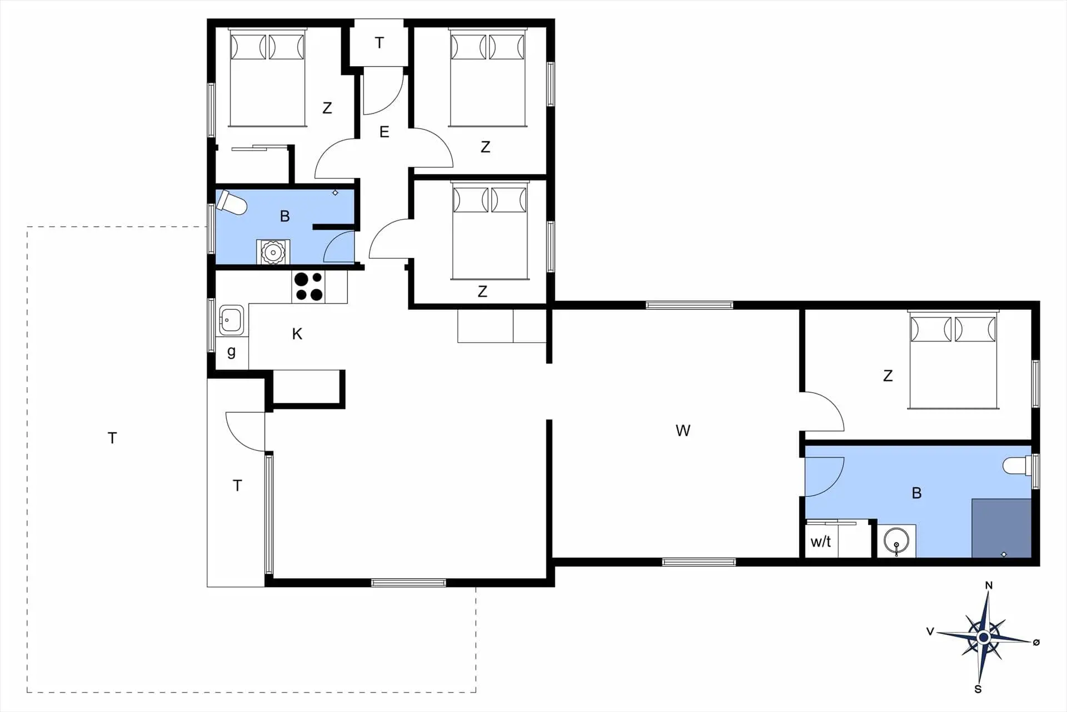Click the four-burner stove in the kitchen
(x=308, y=286)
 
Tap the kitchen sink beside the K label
(x=231, y=320)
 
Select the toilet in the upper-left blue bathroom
(x=232, y=202)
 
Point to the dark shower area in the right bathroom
(x=1001, y=528)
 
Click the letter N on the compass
(x=989, y=585)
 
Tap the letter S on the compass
(x=978, y=689)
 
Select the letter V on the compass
(x=930, y=631)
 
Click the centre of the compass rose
(x=984, y=637)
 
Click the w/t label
(x=821, y=541)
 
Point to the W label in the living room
(x=683, y=431)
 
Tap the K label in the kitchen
(x=297, y=334)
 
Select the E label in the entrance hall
(x=384, y=132)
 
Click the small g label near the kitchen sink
(x=231, y=352)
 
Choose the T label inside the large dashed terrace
(x=112, y=438)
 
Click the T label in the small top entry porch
(x=380, y=43)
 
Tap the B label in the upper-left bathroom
(x=285, y=216)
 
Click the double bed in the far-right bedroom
(x=953, y=360)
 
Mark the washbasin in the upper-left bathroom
(x=273, y=252)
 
